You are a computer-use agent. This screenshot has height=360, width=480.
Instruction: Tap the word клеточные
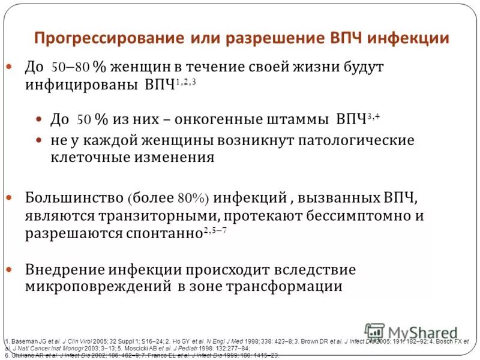tap(88, 158)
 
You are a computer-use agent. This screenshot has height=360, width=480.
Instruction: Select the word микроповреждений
tap(97, 286)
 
